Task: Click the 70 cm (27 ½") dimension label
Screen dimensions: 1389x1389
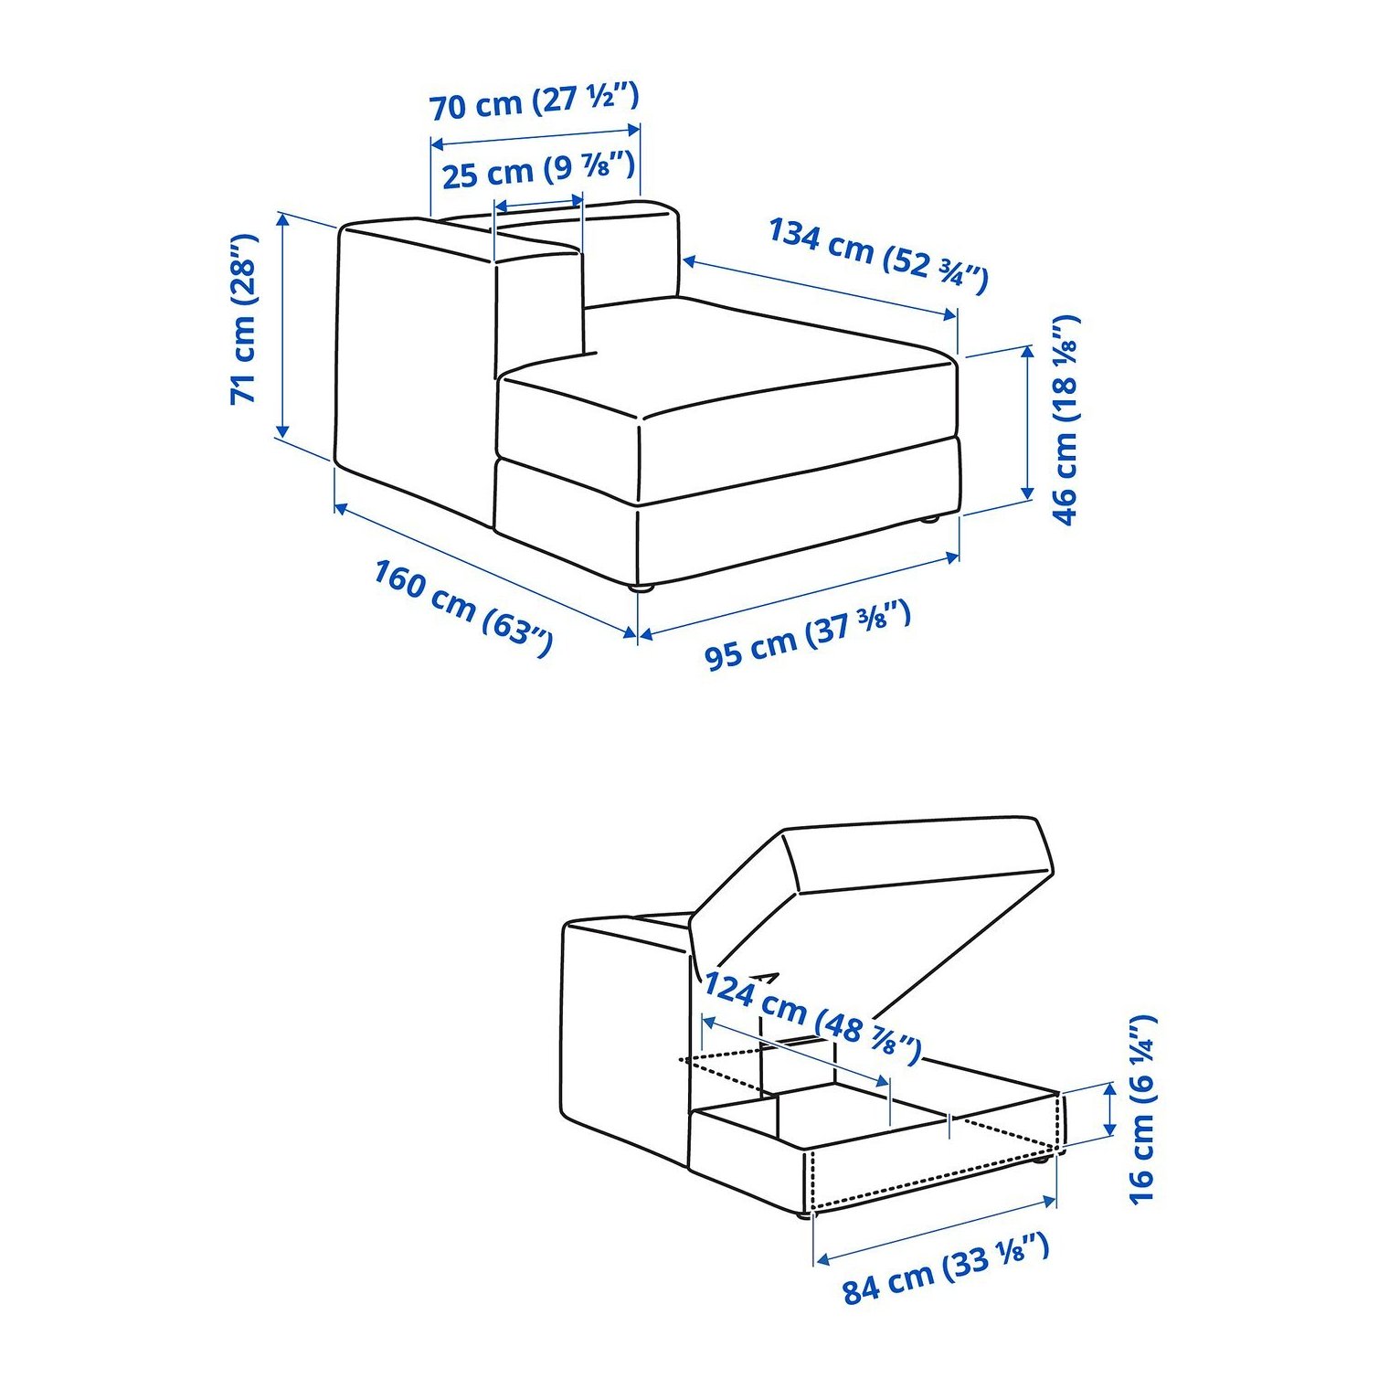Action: pyautogui.click(x=535, y=101)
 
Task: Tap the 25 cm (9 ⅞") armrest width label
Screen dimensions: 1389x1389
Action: pyautogui.click(x=538, y=170)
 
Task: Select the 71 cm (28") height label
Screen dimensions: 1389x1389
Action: pyautogui.click(x=244, y=319)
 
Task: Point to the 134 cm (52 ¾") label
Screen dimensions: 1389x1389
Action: pyautogui.click(x=878, y=255)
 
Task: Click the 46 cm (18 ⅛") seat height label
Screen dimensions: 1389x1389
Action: pyautogui.click(x=1066, y=419)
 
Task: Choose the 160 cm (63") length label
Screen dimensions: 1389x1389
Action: pyautogui.click(x=463, y=608)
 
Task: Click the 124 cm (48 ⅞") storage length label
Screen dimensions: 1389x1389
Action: pyautogui.click(x=811, y=1018)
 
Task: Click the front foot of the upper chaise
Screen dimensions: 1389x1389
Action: pyautogui.click(x=645, y=588)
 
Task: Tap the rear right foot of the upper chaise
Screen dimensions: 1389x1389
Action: pyautogui.click(x=930, y=519)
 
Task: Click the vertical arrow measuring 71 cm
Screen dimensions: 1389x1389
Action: pyautogui.click(x=283, y=324)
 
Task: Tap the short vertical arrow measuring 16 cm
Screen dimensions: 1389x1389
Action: pyautogui.click(x=1109, y=1108)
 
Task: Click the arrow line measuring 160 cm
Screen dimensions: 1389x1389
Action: pyautogui.click(x=485, y=568)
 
